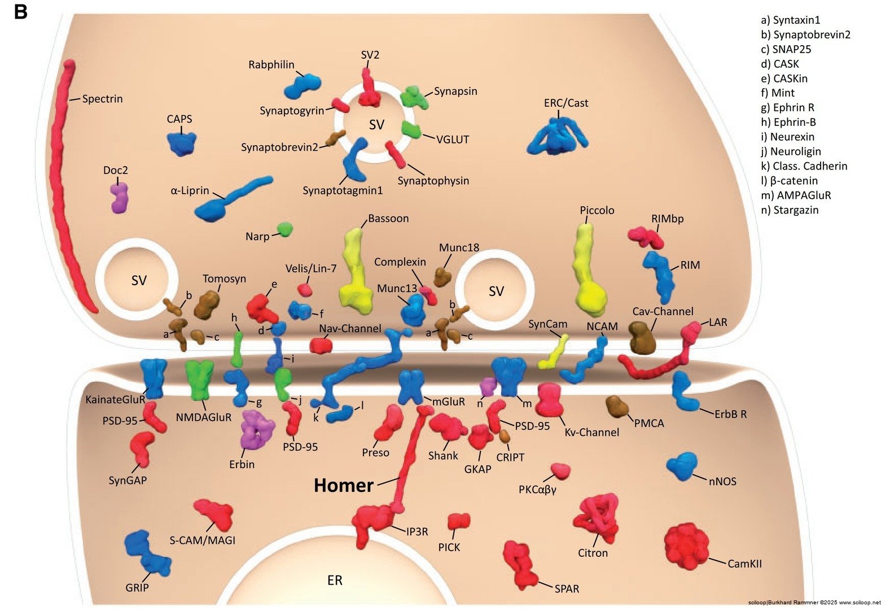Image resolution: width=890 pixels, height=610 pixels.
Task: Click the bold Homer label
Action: [343, 485]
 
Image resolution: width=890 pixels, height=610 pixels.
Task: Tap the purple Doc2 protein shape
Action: [119, 197]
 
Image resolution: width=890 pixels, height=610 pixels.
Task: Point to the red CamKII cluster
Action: [686, 545]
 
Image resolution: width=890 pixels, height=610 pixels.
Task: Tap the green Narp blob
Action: [284, 229]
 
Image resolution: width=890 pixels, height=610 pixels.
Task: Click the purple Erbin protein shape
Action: [257, 429]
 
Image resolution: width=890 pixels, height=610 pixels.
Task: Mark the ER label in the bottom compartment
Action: [335, 581]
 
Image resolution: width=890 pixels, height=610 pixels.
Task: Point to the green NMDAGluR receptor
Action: [200, 378]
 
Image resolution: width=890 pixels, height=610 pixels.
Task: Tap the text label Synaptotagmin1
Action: [343, 191]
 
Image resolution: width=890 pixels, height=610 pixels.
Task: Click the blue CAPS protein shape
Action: [182, 143]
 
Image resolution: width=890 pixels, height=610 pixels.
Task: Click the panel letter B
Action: [20, 12]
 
